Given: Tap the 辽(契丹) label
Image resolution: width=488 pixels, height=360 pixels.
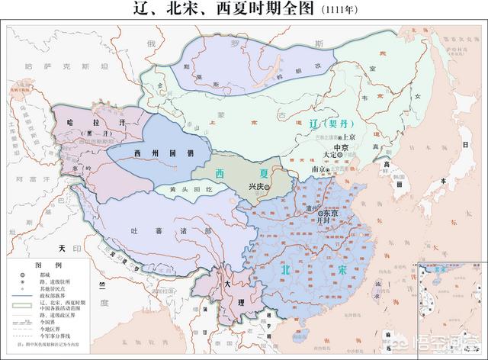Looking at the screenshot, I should pos(329,123).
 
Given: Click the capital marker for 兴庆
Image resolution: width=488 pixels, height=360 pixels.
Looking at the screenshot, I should pos(268,186).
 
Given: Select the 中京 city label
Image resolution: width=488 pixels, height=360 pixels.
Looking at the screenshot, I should pos(341,146).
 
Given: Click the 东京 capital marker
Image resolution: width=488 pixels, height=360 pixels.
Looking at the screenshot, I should pos(319,214).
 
